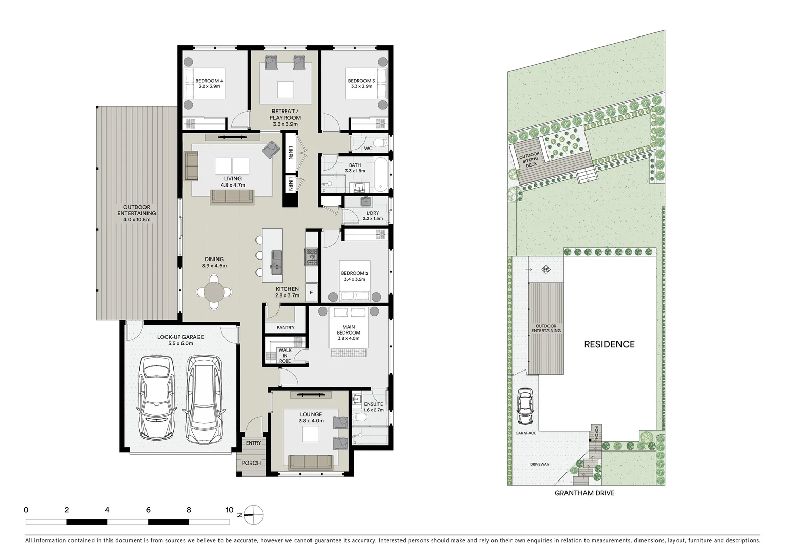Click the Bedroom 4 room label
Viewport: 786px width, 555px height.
click(209, 81)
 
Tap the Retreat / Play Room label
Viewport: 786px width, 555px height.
click(285, 114)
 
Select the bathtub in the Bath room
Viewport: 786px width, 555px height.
click(380, 174)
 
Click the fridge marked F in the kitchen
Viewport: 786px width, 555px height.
click(311, 293)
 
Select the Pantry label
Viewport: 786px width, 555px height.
click(285, 327)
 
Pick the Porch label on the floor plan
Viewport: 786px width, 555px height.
click(251, 463)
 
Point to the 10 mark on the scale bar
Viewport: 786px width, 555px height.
click(229, 510)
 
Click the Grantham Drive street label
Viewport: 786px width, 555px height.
click(584, 493)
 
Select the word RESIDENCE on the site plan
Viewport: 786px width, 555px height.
click(609, 344)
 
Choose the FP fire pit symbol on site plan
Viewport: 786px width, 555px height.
click(546, 269)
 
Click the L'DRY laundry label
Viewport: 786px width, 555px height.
click(373, 213)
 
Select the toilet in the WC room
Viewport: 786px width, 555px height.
click(378, 142)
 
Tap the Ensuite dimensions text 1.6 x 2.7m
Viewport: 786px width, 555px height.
click(373, 410)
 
